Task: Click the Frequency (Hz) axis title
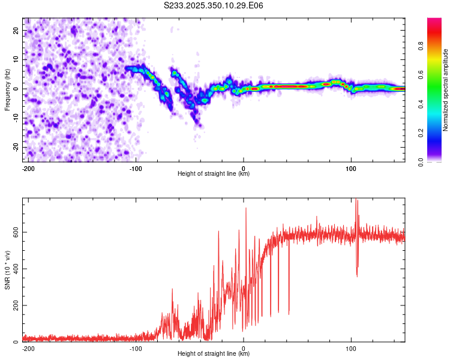(8, 90)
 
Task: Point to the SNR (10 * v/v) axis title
(8, 269)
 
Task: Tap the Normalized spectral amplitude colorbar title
(445, 90)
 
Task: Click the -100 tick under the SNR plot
(136, 349)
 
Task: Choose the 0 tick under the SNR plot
(244, 349)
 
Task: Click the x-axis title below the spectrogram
(214, 174)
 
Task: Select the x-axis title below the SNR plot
(214, 354)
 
